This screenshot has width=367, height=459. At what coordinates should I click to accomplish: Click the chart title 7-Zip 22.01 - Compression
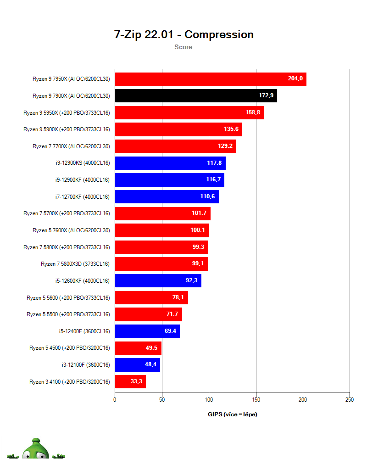183,34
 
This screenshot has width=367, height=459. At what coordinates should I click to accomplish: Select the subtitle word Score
183,47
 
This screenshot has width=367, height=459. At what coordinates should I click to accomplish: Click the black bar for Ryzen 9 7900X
195,96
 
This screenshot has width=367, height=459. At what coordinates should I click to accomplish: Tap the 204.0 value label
295,79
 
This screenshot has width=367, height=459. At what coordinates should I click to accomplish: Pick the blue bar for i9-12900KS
170,163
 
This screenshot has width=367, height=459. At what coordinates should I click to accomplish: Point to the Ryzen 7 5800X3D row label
75,264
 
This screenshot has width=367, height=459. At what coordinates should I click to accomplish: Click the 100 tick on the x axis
209,400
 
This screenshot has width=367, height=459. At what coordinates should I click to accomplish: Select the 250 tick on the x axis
349,400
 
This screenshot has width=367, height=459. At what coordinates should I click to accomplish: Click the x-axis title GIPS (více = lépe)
233,414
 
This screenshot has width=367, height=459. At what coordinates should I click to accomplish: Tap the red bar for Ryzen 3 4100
130,381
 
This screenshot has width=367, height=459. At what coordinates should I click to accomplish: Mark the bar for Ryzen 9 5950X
189,112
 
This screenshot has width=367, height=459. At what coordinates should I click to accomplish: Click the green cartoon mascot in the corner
37,449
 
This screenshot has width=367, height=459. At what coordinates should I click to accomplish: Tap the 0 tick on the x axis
115,400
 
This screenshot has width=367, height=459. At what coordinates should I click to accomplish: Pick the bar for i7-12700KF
167,197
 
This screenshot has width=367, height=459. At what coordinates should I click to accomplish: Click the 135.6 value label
231,129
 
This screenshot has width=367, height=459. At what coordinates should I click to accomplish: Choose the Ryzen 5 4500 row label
69,348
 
